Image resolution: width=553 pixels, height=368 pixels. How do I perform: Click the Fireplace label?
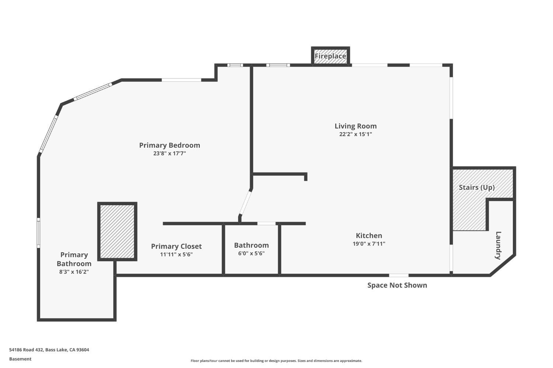(330, 56)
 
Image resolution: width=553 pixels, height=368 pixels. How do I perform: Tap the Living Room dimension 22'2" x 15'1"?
(355, 134)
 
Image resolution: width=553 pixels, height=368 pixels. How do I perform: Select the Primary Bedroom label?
(170, 145)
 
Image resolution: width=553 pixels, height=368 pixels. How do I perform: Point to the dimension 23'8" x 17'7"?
(170, 154)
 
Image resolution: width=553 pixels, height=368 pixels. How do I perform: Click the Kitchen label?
(369, 235)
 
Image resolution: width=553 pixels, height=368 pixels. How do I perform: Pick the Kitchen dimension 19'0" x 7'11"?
(369, 244)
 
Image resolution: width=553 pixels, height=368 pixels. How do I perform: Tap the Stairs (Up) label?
(476, 187)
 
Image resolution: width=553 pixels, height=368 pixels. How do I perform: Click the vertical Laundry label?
(498, 245)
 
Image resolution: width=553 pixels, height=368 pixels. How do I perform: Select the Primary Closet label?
(176, 246)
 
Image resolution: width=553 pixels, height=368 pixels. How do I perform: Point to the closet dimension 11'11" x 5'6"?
(176, 255)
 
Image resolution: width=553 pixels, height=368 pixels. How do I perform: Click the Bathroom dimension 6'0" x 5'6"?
(251, 253)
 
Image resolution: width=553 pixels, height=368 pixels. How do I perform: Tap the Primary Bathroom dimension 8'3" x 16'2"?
(74, 272)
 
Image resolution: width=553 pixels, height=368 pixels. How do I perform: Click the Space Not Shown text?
(397, 285)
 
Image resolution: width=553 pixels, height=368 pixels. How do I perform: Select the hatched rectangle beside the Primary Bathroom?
(117, 232)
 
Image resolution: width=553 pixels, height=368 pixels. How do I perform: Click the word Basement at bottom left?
(20, 359)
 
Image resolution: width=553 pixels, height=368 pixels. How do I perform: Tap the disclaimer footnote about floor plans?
(276, 361)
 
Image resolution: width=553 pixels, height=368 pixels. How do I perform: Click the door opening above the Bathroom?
(266, 224)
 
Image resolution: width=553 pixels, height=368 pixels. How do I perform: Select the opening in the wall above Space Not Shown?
(399, 275)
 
